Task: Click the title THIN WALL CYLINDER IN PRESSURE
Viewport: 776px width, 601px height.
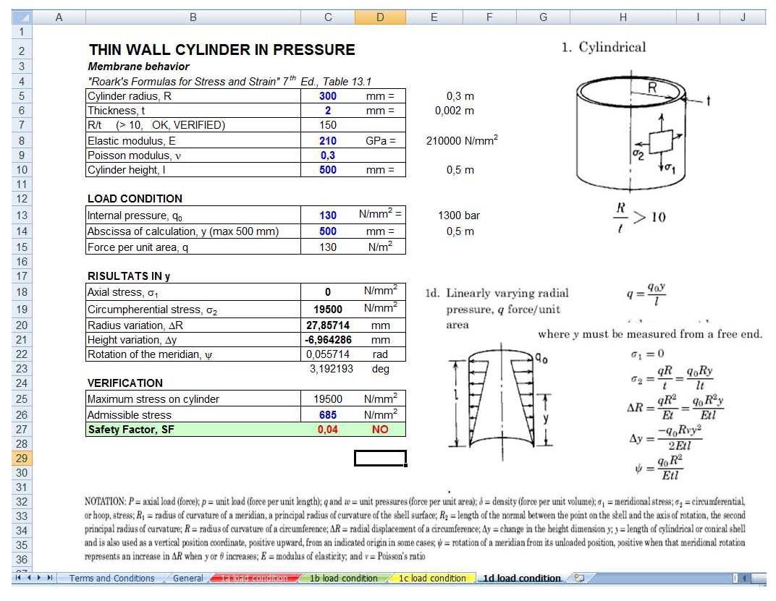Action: click(222, 50)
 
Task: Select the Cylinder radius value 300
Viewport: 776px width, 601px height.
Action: click(327, 96)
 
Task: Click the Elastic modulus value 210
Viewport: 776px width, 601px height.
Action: click(327, 141)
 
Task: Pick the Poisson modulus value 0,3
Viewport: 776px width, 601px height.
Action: click(327, 155)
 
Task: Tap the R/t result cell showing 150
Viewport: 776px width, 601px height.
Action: click(327, 126)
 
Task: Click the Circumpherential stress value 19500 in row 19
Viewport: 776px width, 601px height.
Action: click(327, 310)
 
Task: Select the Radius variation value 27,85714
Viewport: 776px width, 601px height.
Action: click(327, 325)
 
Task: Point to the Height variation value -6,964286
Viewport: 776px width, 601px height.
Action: click(327, 340)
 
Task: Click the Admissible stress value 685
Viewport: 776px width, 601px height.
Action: click(327, 415)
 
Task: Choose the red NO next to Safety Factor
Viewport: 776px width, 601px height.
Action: click(380, 430)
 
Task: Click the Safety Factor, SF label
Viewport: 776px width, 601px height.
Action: click(131, 430)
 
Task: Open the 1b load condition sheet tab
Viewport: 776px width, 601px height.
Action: click(343, 578)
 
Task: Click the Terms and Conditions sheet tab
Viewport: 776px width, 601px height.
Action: click(111, 578)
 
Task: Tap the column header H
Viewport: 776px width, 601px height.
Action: click(623, 18)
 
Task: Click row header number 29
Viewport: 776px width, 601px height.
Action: click(21, 459)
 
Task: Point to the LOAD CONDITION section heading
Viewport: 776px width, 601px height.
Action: click(135, 198)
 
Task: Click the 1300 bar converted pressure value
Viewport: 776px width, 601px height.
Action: click(458, 216)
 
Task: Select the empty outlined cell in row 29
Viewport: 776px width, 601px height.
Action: click(380, 459)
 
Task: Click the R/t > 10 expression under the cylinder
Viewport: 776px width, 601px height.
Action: click(638, 216)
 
